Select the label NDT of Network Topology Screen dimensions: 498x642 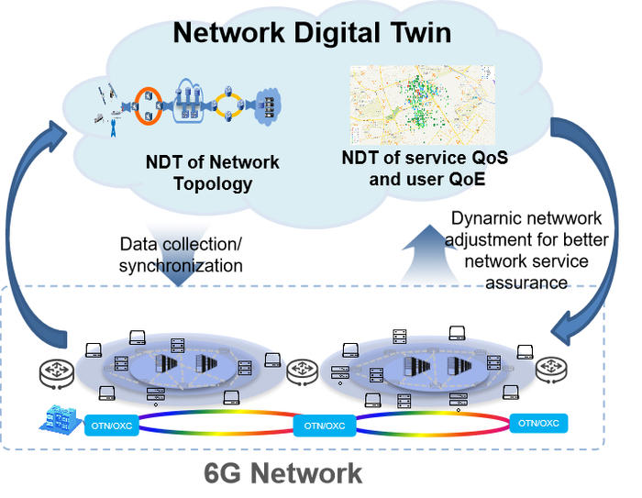(x=212, y=173)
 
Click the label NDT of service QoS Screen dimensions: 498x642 (x=424, y=157)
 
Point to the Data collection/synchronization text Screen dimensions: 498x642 (x=182, y=255)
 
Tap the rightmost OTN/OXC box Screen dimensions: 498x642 (x=538, y=423)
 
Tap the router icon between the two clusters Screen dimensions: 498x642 (x=303, y=371)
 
